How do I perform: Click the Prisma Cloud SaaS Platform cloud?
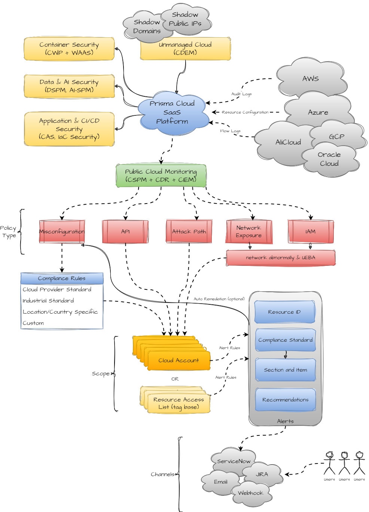(x=172, y=112)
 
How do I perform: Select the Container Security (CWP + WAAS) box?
(x=69, y=49)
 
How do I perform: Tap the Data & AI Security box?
(x=69, y=86)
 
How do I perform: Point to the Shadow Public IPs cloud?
(x=185, y=19)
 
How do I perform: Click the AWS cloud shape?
(x=310, y=78)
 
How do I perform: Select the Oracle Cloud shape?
(x=329, y=159)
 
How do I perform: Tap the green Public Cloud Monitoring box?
(x=161, y=176)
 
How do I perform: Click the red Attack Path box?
(x=189, y=232)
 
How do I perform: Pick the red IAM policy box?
(x=310, y=232)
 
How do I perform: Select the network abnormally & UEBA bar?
(x=281, y=258)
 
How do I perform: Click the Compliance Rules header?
(x=62, y=278)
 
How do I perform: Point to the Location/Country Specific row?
(x=60, y=312)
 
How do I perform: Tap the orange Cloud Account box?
(x=179, y=360)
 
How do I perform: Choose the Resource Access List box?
(x=179, y=403)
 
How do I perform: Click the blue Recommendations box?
(x=285, y=400)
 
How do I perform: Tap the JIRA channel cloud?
(x=262, y=474)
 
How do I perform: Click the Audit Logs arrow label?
(x=241, y=94)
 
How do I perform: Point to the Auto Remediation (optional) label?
(x=219, y=299)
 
